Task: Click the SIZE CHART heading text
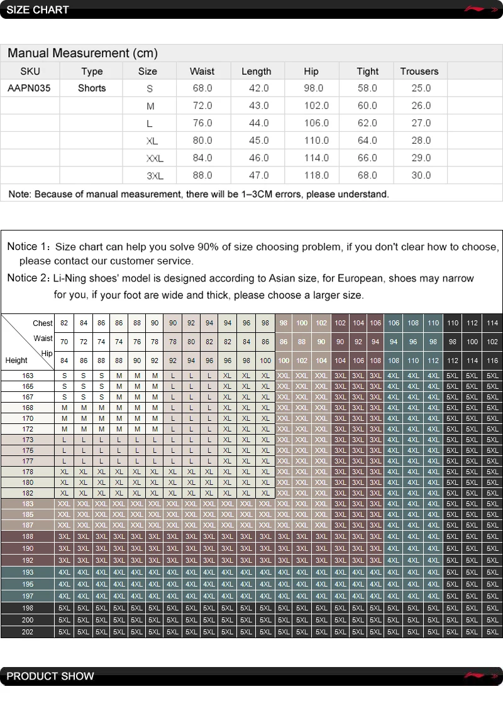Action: (x=37, y=10)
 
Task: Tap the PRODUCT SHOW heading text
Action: (x=50, y=676)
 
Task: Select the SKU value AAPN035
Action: (x=29, y=88)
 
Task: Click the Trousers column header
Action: (x=419, y=71)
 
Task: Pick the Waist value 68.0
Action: (x=202, y=88)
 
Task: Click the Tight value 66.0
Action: (x=367, y=158)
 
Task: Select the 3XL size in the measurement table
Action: (x=154, y=176)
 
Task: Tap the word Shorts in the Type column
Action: (x=92, y=88)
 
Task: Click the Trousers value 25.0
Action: (x=421, y=88)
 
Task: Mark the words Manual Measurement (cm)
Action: (x=82, y=53)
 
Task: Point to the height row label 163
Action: (x=28, y=376)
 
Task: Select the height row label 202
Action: (x=28, y=632)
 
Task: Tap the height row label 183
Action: (x=28, y=504)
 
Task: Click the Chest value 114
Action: (x=492, y=323)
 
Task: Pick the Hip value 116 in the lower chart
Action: (x=492, y=361)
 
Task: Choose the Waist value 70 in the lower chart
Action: (x=64, y=342)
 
